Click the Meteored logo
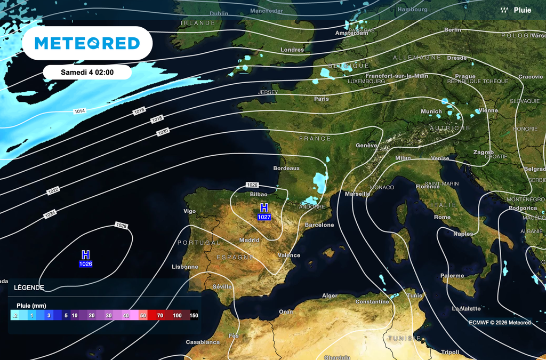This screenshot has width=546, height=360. [87, 43]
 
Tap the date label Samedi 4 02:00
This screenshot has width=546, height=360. [87, 72]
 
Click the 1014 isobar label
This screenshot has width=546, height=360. [79, 111]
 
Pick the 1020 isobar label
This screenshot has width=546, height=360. [163, 131]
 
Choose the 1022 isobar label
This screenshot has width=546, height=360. [53, 190]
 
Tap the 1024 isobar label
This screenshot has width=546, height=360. [50, 214]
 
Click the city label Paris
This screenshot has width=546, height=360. [322, 99]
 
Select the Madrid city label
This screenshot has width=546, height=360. [249, 240]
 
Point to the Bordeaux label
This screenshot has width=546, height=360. [286, 168]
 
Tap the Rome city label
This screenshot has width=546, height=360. [442, 217]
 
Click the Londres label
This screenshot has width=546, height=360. [292, 50]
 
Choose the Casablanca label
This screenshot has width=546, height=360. [203, 342]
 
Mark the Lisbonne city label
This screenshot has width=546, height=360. [185, 267]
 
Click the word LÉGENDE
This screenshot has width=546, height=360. [29, 287]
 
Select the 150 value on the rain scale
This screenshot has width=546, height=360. [194, 316]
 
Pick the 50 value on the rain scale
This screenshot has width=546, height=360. [143, 316]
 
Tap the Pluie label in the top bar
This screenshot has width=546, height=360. [522, 10]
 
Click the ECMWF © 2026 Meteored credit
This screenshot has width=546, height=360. [500, 322]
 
